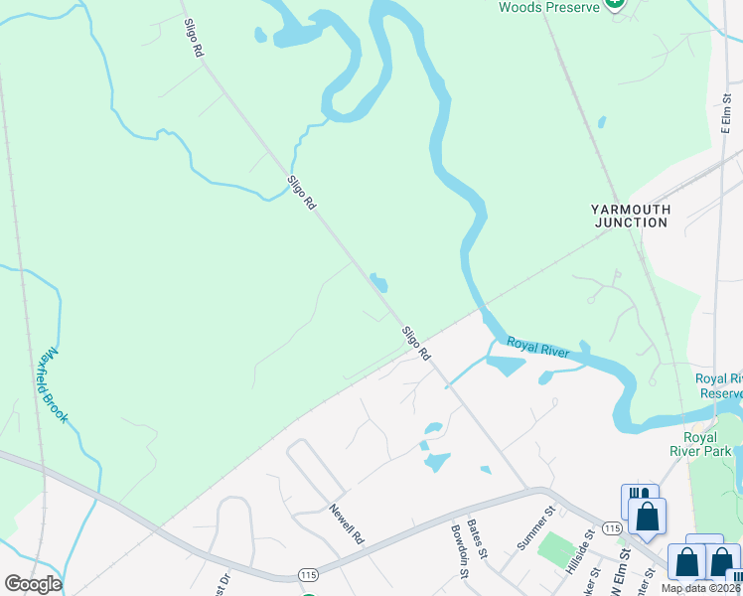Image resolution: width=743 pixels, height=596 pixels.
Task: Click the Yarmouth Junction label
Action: tap(631, 216)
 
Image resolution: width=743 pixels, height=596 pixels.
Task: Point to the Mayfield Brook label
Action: tap(51, 385)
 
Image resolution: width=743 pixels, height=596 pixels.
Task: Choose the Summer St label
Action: tap(532, 530)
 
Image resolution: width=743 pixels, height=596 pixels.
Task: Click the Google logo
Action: tap(33, 584)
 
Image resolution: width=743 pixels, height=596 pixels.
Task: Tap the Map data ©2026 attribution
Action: tap(700, 588)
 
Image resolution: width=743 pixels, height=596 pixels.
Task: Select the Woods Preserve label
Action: tap(549, 7)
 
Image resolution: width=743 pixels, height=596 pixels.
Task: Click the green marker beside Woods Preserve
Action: tap(616, 5)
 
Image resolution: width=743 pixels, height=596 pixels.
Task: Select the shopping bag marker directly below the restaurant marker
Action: tap(648, 517)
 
